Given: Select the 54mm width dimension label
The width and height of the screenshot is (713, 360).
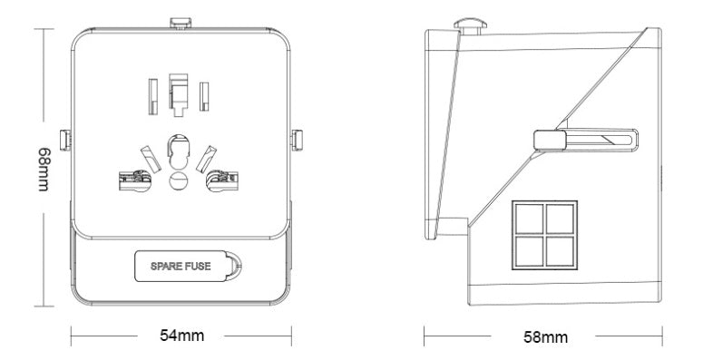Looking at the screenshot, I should tap(181, 336).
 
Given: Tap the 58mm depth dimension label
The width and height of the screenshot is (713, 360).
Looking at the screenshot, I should tap(546, 336).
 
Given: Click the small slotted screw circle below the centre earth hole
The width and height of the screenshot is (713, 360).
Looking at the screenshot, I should tap(180, 180).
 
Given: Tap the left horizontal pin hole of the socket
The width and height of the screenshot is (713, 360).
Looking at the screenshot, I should tap(132, 180).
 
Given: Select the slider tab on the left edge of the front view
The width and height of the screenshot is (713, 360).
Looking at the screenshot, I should tap(63, 140).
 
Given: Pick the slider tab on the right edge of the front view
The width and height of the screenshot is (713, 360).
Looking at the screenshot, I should tap(296, 140).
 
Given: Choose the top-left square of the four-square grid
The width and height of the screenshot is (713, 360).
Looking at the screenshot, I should tap(529, 218).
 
